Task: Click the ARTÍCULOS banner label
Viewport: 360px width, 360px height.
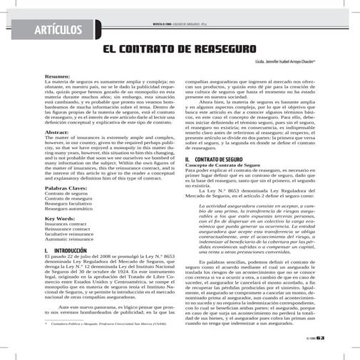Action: click(61, 29)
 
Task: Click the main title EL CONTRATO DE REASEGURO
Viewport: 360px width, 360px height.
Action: click(180, 50)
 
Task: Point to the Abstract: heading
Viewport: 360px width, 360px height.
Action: click(56, 133)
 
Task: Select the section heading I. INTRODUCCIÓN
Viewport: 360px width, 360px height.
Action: click(65, 251)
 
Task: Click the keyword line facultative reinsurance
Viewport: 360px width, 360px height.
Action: click(71, 234)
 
